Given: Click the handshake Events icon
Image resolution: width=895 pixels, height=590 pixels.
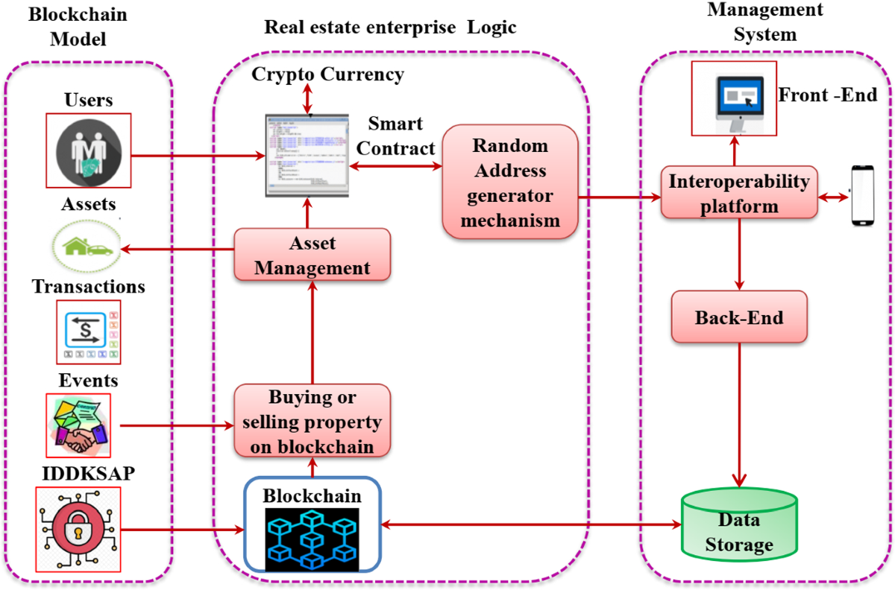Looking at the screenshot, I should tap(78, 425).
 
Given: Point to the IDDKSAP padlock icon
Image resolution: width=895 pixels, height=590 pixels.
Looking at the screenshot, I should tap(78, 529).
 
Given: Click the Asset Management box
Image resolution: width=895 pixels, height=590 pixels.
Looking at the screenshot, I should tap(312, 255).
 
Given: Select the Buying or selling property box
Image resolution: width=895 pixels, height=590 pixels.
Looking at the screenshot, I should tap(312, 422).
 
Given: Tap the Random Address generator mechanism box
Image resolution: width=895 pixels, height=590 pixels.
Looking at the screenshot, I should tap(511, 183).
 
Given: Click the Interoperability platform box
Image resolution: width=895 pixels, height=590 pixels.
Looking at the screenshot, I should tap(738, 193).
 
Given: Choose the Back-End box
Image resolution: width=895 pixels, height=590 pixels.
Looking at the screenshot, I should tap(738, 318).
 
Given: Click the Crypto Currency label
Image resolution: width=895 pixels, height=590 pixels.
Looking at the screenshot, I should tap(328, 74).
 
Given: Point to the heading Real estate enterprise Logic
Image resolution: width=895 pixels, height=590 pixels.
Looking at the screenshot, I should tap(390, 28).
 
